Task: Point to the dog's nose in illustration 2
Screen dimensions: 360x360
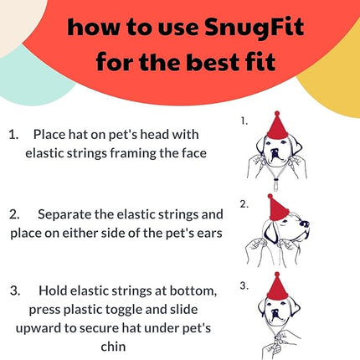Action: coord(304,224)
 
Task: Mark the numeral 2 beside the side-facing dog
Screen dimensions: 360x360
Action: coord(244,203)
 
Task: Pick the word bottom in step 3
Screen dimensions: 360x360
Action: coord(192,291)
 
